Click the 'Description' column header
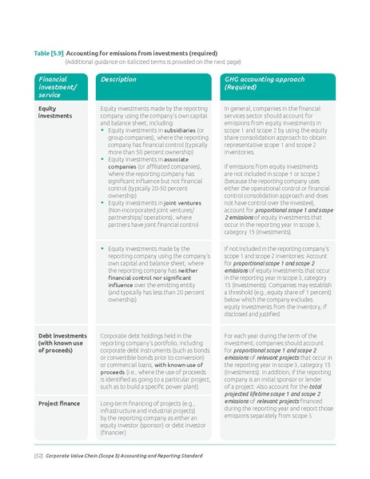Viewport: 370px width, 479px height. coord(118,80)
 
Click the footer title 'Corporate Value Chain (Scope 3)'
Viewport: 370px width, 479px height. coord(88,455)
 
